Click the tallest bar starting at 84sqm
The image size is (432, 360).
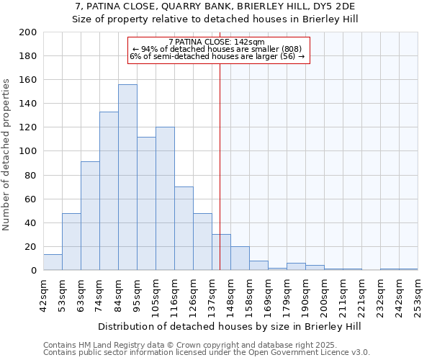coord(127,177)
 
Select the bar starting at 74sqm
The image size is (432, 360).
coord(109,191)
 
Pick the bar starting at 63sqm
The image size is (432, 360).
coord(90,216)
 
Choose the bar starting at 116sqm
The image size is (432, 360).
coord(184,228)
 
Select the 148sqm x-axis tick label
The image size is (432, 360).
coord(230,294)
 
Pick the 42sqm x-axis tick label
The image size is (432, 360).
coord(43,294)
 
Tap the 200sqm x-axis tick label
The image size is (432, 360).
coord(324,294)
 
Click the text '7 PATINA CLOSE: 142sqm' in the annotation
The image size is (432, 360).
coord(217,42)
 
